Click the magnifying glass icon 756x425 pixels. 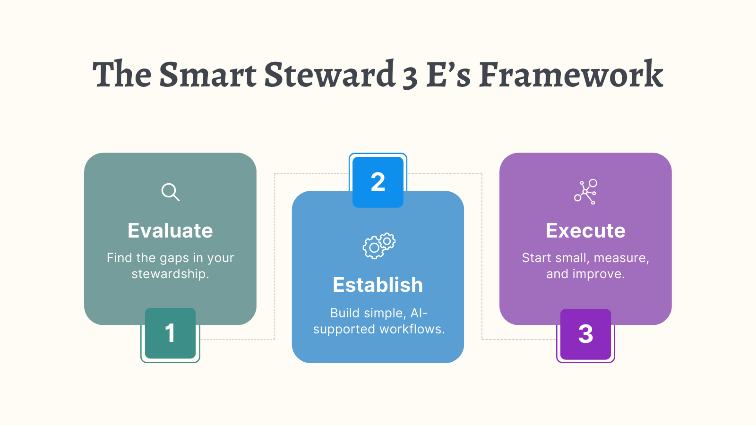pyautogui.click(x=170, y=192)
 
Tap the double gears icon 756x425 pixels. pyautogui.click(x=379, y=246)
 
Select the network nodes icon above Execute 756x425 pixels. pyautogui.click(x=586, y=192)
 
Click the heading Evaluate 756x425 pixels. pyautogui.click(x=170, y=230)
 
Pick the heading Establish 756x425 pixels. pyautogui.click(x=378, y=285)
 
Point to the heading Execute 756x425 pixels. pyautogui.click(x=585, y=230)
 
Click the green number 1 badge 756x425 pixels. pyautogui.click(x=170, y=333)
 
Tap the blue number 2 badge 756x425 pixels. pyautogui.click(x=378, y=182)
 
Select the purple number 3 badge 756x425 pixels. pyautogui.click(x=585, y=334)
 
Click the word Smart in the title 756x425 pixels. pyautogui.click(x=208, y=75)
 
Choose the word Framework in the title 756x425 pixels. pyautogui.click(x=571, y=75)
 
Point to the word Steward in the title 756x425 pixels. pyautogui.click(x=329, y=75)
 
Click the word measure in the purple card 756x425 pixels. pyautogui.click(x=621, y=258)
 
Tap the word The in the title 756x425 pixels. pyautogui.click(x=122, y=75)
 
